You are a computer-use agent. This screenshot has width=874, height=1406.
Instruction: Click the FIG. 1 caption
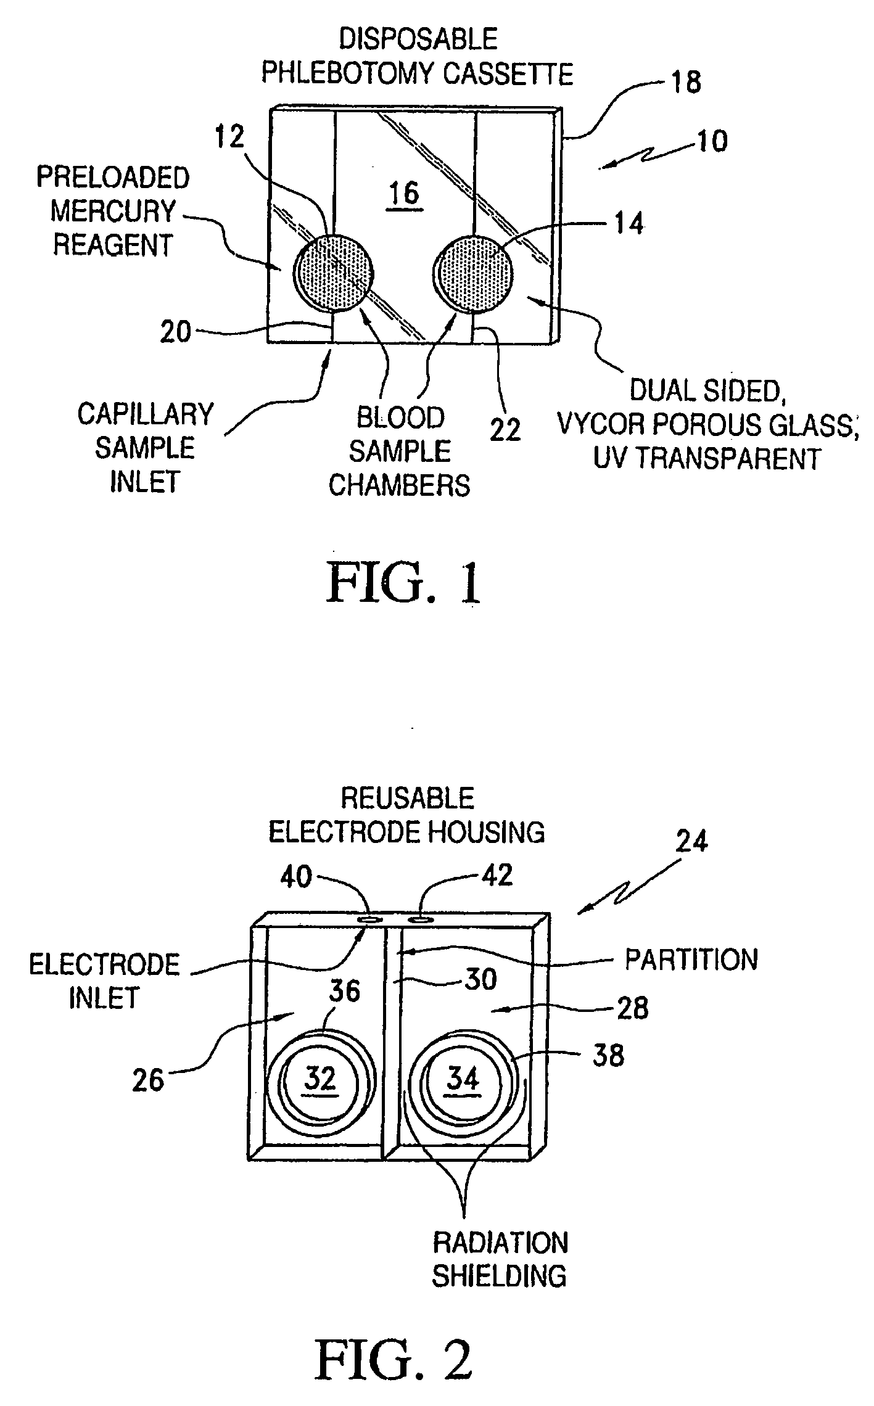405,583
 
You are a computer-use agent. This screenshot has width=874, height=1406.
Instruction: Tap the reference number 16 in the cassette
405,195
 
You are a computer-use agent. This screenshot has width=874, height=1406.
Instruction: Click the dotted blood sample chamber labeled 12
333,271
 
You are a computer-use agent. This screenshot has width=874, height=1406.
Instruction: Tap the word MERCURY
113,212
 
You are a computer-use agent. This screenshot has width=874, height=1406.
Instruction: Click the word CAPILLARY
146,414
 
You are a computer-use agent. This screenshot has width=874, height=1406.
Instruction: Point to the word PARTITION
691,960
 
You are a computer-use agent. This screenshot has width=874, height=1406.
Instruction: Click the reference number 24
691,841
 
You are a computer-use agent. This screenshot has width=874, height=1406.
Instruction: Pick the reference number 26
149,1080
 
